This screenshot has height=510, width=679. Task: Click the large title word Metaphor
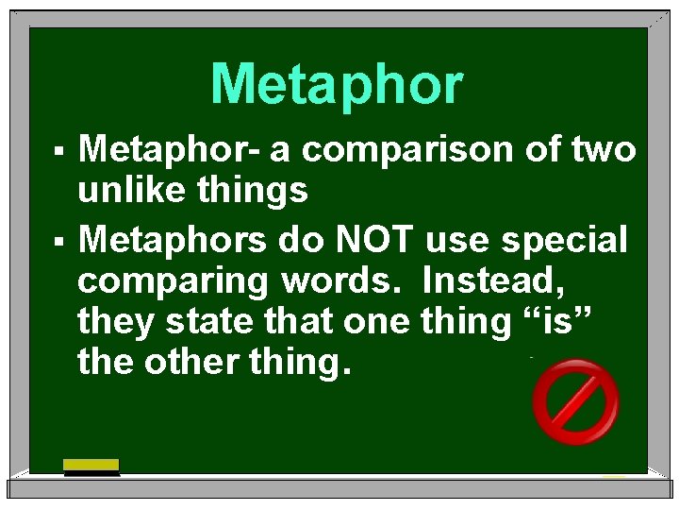(337, 85)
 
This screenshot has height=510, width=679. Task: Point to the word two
(602, 150)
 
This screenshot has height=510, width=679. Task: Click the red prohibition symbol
(575, 402)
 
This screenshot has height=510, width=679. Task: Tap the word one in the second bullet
(370, 322)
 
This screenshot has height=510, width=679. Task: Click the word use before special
(455, 241)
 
